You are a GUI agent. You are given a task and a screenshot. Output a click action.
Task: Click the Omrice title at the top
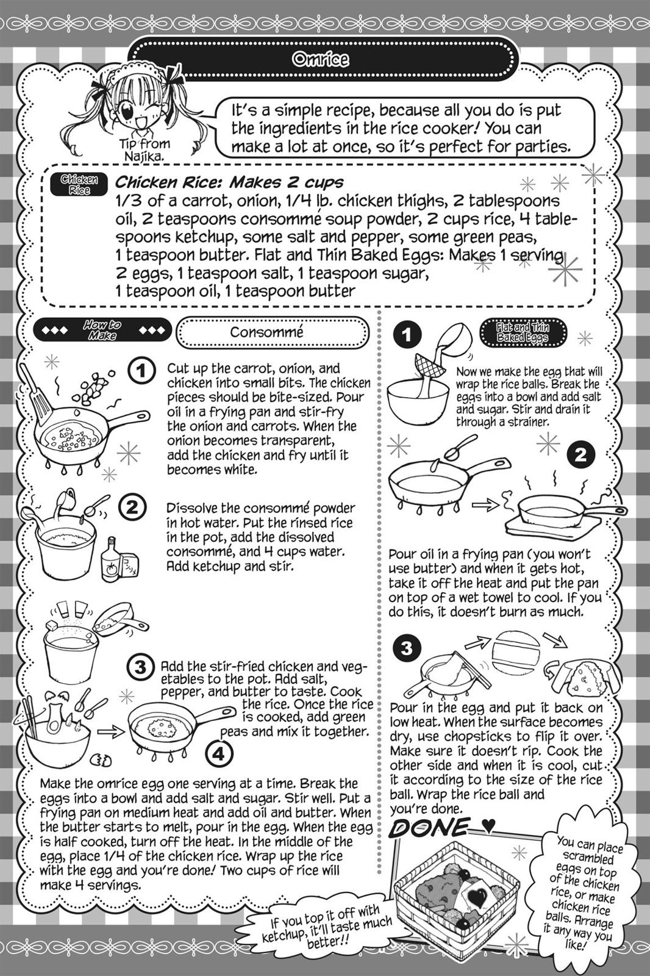(x=321, y=59)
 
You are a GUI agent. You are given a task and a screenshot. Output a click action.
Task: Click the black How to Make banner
(x=102, y=330)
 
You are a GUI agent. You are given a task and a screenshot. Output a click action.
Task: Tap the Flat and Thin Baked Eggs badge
(x=523, y=332)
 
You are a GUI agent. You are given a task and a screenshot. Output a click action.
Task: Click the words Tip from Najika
(x=145, y=149)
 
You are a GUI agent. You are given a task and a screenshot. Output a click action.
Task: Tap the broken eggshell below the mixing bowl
(x=101, y=760)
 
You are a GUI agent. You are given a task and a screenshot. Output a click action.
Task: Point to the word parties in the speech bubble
(x=537, y=146)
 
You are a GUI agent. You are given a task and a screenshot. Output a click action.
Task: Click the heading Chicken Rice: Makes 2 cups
(x=229, y=182)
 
